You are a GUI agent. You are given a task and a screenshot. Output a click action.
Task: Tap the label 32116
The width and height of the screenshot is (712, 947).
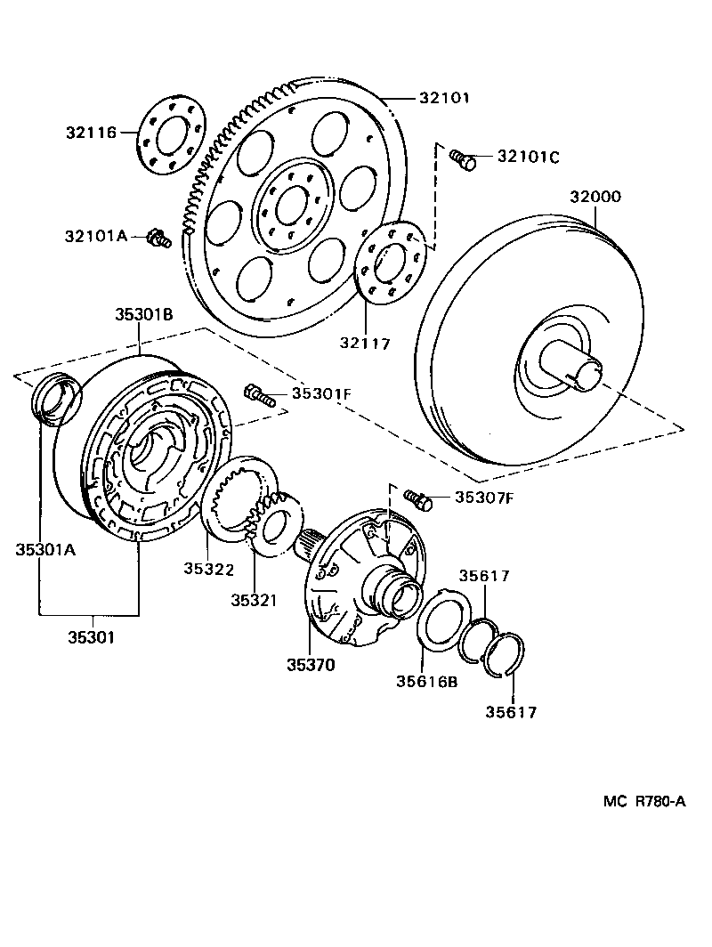coord(91,134)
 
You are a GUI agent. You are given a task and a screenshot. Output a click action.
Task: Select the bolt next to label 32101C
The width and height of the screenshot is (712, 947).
coord(463,159)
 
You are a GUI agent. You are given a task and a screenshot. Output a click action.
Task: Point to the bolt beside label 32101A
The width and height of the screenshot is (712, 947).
coord(159,238)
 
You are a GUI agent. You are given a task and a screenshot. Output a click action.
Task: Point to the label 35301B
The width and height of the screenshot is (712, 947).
coord(142,313)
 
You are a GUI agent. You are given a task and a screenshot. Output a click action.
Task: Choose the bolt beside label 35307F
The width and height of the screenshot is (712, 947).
coord(417,498)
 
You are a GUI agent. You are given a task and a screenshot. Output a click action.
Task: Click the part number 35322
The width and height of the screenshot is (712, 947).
coord(208,569)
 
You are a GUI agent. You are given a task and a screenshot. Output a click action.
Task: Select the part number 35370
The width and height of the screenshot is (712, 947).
coord(311,664)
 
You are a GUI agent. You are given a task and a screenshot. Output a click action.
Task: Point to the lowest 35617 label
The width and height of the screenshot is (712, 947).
coord(511,711)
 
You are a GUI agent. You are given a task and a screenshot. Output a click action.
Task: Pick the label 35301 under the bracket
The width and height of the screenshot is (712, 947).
coord(89,636)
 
